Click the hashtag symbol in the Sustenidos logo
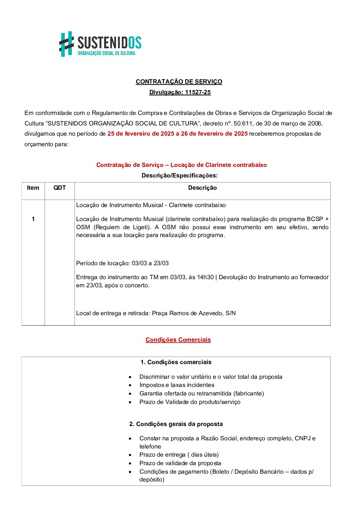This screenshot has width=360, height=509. pos(67,44)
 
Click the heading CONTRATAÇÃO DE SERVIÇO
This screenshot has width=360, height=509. pos(179,82)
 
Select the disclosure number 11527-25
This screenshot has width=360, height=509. pos(198,92)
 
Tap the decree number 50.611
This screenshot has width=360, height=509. pos(244,123)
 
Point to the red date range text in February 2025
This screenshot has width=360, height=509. pos(177,134)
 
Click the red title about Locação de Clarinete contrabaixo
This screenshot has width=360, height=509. pos(181,165)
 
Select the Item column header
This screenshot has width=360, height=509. pos(33,188)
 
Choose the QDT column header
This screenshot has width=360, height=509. pos(60,188)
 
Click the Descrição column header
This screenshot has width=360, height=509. pos(202,188)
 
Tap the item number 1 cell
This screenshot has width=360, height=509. pos(33,219)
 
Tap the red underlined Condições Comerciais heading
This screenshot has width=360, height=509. pos(178,340)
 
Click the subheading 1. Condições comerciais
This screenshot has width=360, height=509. pos(176,362)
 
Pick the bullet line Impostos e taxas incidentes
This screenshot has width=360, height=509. pos(177,385)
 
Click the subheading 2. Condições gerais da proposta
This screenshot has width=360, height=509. pos(176,424)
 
